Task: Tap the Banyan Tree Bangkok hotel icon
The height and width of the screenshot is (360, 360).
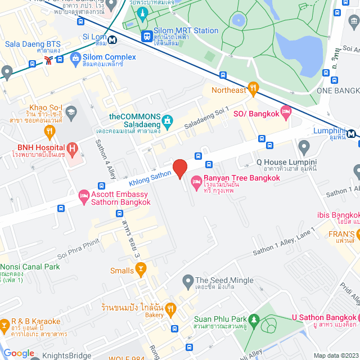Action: [x=196, y=181]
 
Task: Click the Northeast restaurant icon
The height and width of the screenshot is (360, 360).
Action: [x=253, y=88]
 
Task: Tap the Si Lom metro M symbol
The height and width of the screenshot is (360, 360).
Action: [x=113, y=40]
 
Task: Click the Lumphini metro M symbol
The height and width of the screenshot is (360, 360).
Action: [x=351, y=134]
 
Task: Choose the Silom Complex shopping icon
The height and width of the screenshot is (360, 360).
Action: [x=75, y=57]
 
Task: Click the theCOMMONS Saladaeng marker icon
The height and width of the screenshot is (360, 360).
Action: [x=166, y=120]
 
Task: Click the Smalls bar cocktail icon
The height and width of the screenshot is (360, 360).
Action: [x=141, y=271]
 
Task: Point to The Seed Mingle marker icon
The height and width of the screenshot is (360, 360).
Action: [x=188, y=280]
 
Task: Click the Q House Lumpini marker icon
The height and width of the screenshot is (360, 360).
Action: [x=304, y=148]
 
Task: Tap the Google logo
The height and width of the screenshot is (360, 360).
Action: [x=19, y=353]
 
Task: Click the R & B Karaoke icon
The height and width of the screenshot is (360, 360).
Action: [x=5, y=325]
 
